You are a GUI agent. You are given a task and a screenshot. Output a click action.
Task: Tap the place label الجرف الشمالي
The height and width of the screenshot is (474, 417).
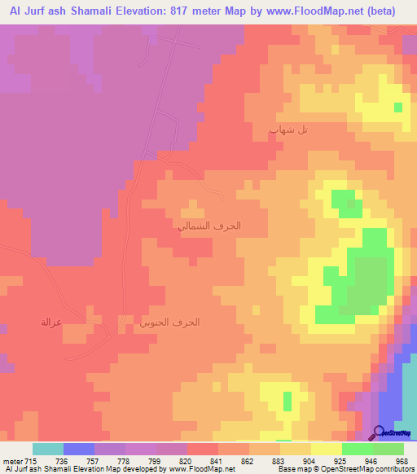click(x=209, y=226)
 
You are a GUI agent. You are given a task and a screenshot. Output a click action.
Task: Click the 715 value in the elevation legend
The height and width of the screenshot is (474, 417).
click(x=29, y=461)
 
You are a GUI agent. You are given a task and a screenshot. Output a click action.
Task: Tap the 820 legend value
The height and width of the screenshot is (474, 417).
click(x=187, y=461)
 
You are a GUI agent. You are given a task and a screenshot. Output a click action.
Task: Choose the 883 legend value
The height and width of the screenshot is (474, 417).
click(x=279, y=461)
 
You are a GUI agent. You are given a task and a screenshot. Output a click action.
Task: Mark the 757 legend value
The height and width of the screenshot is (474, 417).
click(x=94, y=461)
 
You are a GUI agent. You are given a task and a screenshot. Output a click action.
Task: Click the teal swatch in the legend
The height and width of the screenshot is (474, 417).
click(x=48, y=449)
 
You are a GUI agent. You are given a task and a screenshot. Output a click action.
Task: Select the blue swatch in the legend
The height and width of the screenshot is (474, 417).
click(x=79, y=449)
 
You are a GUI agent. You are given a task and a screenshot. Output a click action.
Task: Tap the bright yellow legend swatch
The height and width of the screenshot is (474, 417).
click(x=326, y=449)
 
